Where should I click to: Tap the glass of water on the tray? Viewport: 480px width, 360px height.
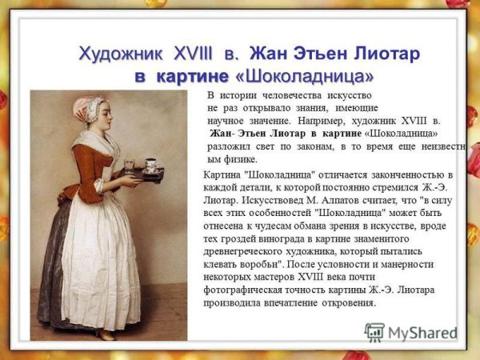pos(129,166)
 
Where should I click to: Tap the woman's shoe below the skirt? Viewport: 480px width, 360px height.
pos(105,334)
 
